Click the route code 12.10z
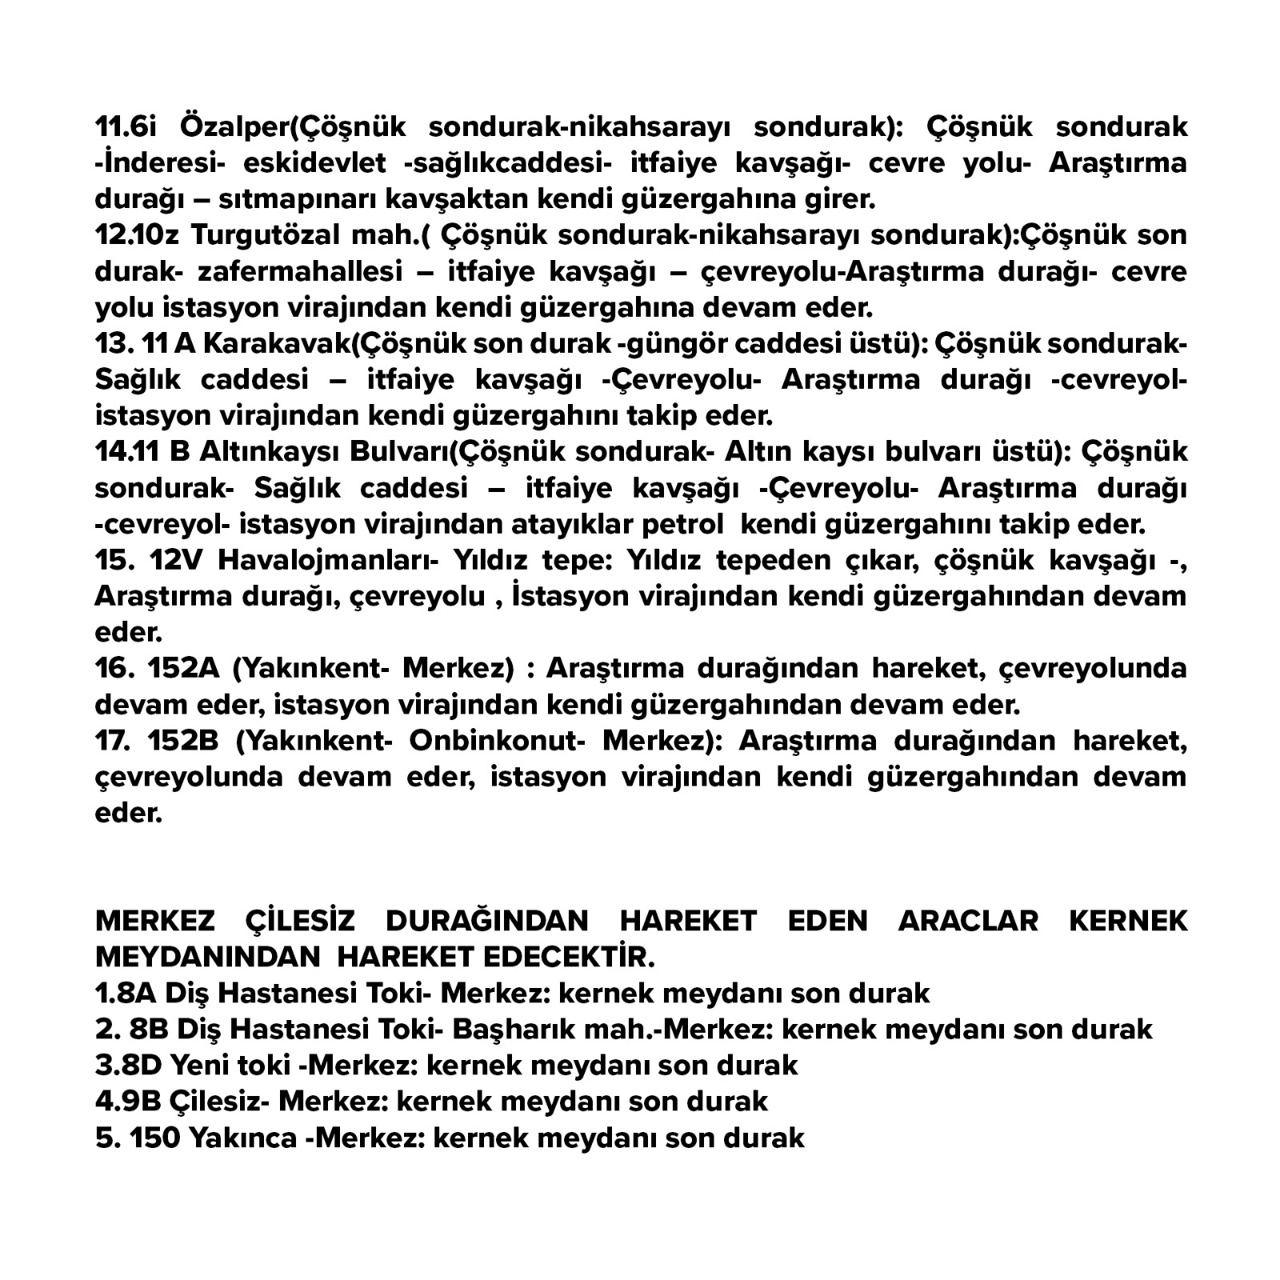(x=137, y=235)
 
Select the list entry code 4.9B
(x=128, y=1101)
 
